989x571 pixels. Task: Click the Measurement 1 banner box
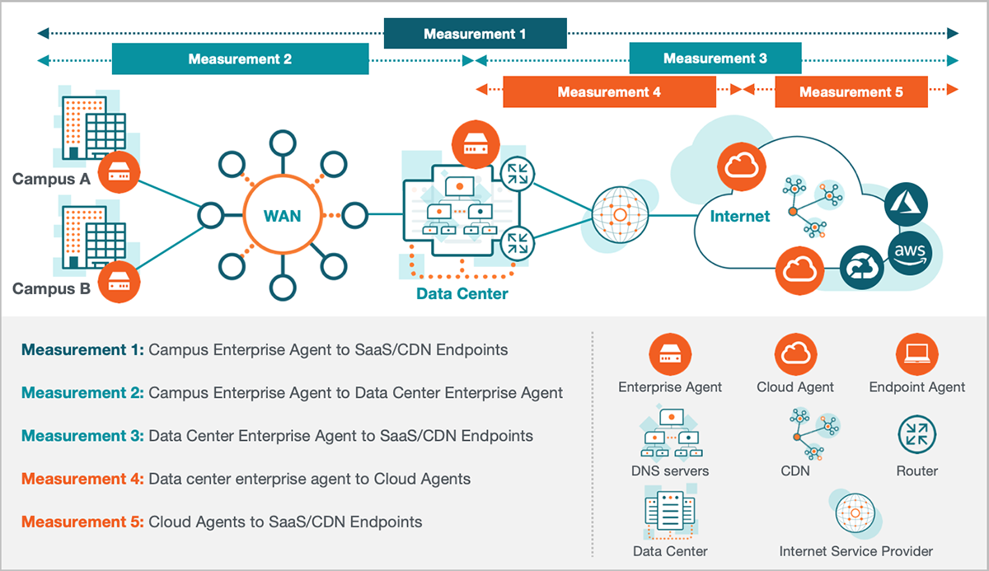tap(475, 34)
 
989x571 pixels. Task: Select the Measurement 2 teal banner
tap(240, 59)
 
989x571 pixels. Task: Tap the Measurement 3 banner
tap(715, 59)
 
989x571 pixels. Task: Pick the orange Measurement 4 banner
tap(609, 91)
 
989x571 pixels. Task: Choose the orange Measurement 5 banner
tap(851, 91)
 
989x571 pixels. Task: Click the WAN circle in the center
tap(282, 217)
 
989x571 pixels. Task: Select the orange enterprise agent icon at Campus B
tap(120, 283)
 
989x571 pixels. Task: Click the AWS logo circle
tap(908, 252)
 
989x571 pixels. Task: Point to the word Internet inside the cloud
tap(739, 217)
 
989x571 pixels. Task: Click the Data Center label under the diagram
tap(462, 293)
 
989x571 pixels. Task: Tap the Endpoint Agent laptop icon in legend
tap(916, 355)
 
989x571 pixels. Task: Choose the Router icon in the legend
tap(916, 436)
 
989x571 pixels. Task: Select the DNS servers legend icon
tap(669, 436)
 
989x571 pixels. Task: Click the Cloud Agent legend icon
tap(795, 355)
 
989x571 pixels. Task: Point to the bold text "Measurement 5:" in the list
tap(82, 522)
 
